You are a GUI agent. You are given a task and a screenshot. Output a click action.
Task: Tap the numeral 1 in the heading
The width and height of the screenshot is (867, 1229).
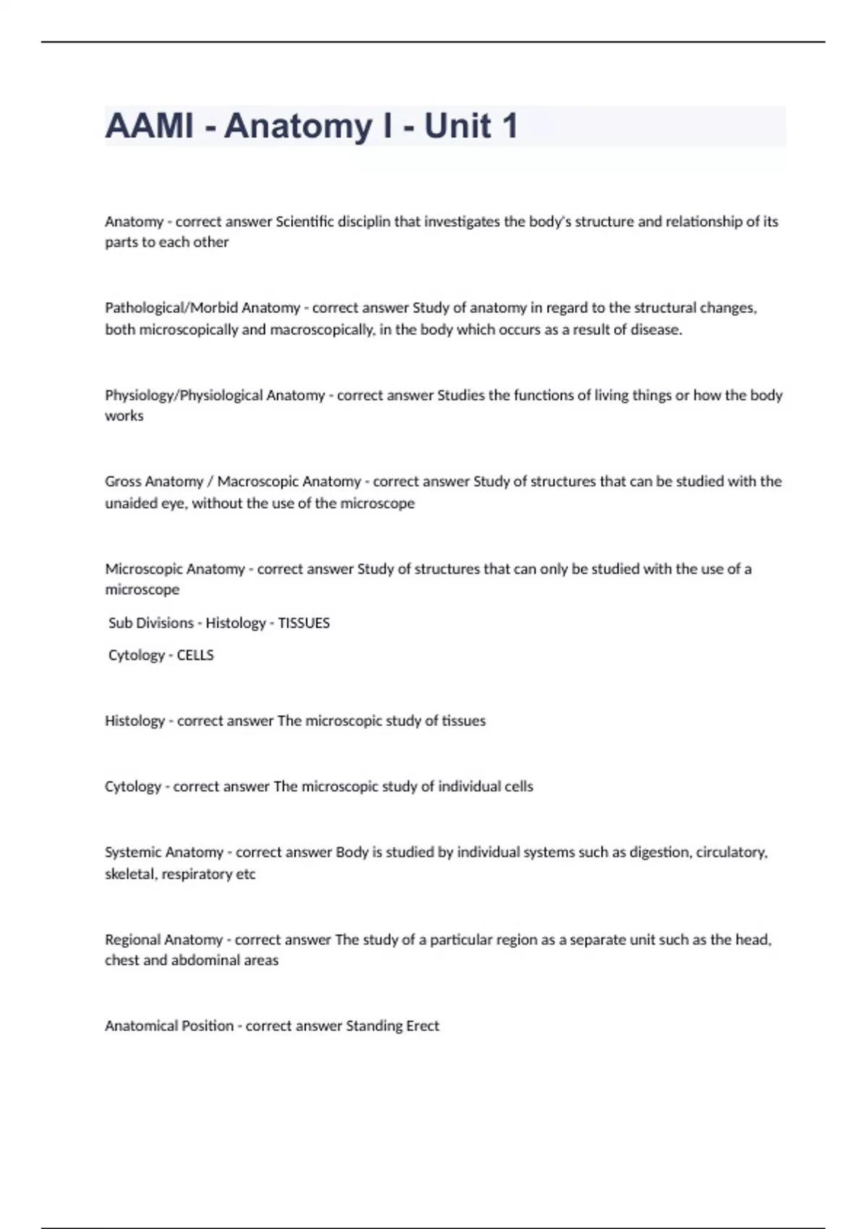(x=509, y=126)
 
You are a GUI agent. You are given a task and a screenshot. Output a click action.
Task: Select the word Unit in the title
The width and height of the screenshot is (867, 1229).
(x=457, y=126)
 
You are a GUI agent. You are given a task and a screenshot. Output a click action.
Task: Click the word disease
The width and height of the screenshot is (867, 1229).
(x=656, y=330)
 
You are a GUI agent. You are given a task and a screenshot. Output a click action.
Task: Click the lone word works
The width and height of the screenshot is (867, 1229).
(x=124, y=416)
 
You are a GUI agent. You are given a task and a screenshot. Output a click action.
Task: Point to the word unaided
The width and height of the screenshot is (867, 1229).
(x=127, y=503)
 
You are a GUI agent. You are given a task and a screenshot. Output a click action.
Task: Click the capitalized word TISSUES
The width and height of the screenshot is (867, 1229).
(x=304, y=623)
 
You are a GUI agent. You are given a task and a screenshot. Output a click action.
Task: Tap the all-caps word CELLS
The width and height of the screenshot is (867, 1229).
(x=195, y=655)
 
